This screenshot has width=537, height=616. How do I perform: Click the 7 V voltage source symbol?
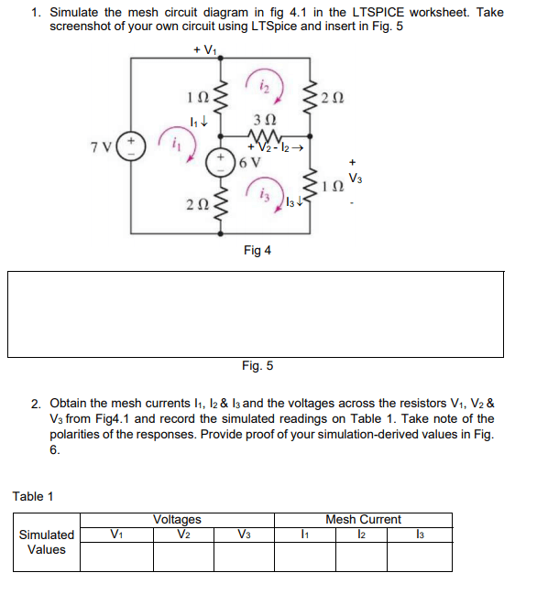click(x=131, y=146)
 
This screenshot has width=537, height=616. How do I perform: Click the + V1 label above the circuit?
click(x=205, y=50)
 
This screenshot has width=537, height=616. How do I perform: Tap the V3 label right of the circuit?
click(x=356, y=178)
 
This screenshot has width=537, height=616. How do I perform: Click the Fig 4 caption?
click(x=258, y=250)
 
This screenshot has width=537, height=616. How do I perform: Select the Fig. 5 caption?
click(x=258, y=366)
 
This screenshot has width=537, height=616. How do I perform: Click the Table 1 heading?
click(x=33, y=497)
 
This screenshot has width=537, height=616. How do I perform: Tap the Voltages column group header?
click(x=177, y=519)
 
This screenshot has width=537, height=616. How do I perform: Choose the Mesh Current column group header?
click(x=363, y=519)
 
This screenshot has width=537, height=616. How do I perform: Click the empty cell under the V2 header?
click(x=183, y=557)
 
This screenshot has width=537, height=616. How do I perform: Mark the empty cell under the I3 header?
click(x=420, y=557)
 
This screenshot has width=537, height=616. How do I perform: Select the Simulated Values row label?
click(x=47, y=542)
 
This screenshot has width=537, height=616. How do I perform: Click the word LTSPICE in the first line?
click(x=378, y=13)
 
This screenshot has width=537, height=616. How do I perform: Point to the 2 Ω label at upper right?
click(x=333, y=98)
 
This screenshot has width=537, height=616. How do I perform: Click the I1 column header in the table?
click(x=305, y=535)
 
